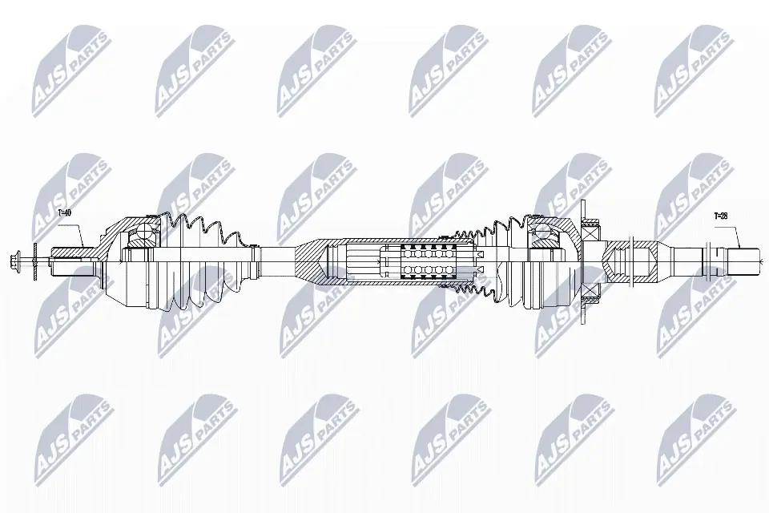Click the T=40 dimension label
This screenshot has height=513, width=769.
(65, 213)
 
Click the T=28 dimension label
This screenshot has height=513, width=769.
(721, 216)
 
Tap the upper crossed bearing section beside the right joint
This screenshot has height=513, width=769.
(590, 232)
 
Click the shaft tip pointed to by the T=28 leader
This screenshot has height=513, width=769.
(742, 259)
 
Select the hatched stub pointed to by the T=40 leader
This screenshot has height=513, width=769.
(76, 252)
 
